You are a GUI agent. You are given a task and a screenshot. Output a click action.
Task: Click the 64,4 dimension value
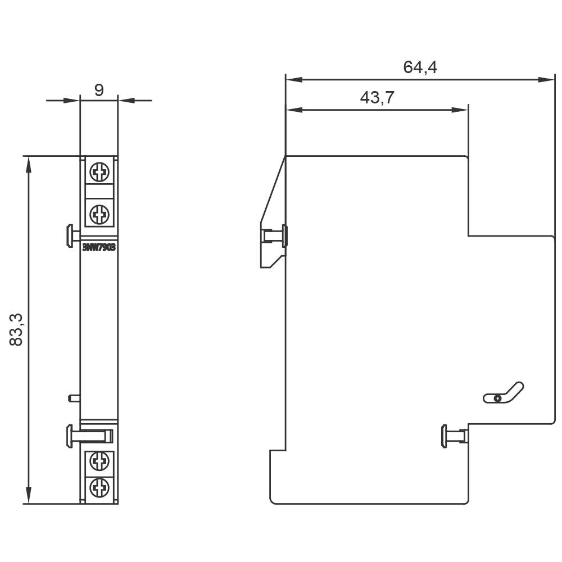[420, 67]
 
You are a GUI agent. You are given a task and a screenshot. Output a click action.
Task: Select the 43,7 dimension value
[377, 98]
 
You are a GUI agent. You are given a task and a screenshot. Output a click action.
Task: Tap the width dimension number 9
[99, 90]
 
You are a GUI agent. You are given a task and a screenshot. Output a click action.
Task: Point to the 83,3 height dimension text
[17, 329]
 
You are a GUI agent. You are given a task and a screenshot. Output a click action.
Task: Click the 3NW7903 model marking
[99, 248]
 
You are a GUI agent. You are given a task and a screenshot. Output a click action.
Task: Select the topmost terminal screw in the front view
[99, 172]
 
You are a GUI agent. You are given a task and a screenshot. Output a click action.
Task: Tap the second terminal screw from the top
[99, 214]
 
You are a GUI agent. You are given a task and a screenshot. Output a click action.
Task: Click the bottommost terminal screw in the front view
[99, 487]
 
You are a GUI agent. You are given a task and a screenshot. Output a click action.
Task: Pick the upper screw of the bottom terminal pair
[99, 462]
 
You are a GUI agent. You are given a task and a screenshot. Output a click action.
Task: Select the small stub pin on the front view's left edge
[73, 398]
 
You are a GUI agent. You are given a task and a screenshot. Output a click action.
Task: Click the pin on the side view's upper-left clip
[275, 235]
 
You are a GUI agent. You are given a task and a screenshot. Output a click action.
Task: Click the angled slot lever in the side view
[504, 393]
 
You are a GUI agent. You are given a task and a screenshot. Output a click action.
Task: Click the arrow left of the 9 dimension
[70, 101]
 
